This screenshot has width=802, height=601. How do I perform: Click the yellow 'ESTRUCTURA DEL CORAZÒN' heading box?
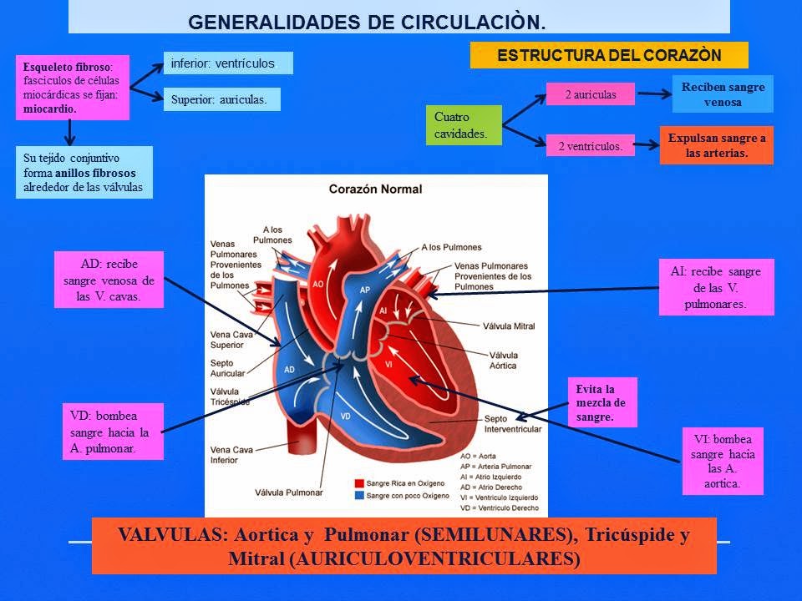[609, 56]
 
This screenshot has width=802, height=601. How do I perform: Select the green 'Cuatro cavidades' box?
[464, 124]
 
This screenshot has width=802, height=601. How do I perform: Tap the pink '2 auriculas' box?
[590, 94]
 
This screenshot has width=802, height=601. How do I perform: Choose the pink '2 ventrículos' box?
[590, 146]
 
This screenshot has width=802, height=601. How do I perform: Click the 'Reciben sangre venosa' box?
[723, 94]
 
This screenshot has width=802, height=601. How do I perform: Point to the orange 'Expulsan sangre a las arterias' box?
[716, 144]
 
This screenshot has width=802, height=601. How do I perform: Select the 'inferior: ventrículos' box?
[228, 63]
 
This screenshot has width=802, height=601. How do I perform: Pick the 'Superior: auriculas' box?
[221, 99]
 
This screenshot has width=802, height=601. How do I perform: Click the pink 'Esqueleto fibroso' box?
[73, 87]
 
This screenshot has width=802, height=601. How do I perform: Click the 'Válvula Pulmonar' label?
[288, 492]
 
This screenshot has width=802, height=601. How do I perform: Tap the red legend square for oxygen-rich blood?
[359, 483]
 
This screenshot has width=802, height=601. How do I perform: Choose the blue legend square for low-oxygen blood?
[359, 495]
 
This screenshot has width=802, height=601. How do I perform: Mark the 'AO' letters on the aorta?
[317, 284]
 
